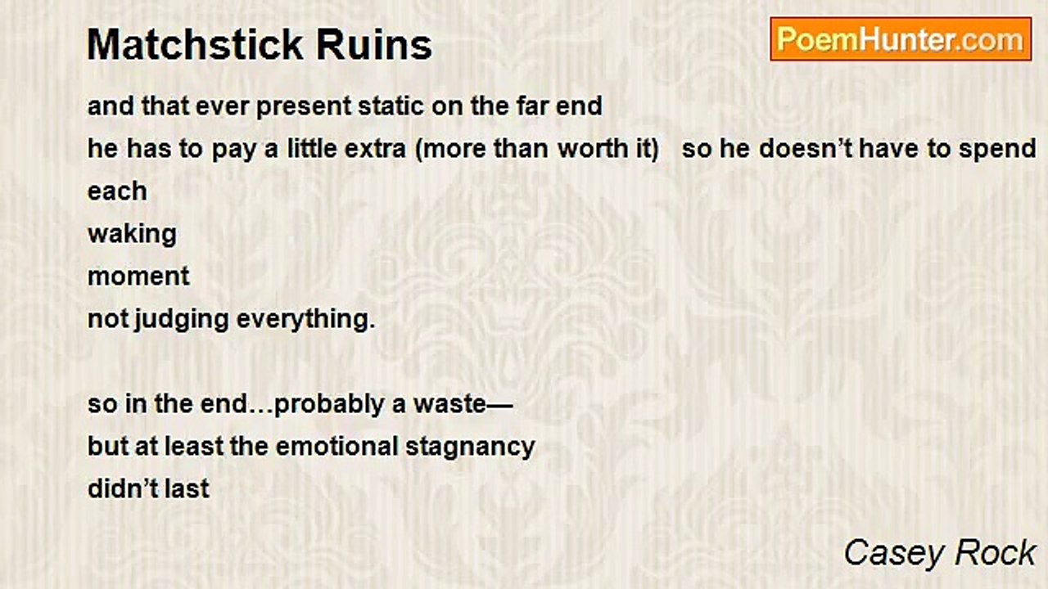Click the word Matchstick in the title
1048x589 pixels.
[x=195, y=45]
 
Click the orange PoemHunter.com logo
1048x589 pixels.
[x=901, y=39]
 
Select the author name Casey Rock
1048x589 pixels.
[x=940, y=552]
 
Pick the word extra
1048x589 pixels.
[x=375, y=149]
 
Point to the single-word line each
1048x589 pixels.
[x=117, y=191]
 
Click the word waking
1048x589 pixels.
[x=132, y=235]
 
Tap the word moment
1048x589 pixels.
[x=138, y=277]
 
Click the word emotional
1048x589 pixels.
[x=337, y=447]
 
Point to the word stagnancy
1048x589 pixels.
[x=470, y=447]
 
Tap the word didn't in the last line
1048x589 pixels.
[x=123, y=489]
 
